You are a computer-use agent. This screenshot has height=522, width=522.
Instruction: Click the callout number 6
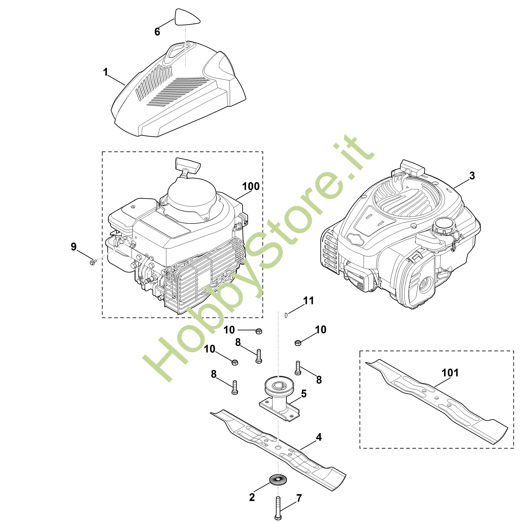click(x=157, y=32)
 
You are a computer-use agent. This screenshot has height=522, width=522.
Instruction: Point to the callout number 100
click(x=251, y=186)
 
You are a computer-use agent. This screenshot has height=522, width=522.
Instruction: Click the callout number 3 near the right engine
click(x=472, y=176)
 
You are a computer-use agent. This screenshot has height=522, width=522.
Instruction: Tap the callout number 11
click(x=309, y=301)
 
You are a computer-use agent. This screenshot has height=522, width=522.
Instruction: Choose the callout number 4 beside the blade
click(x=319, y=437)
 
